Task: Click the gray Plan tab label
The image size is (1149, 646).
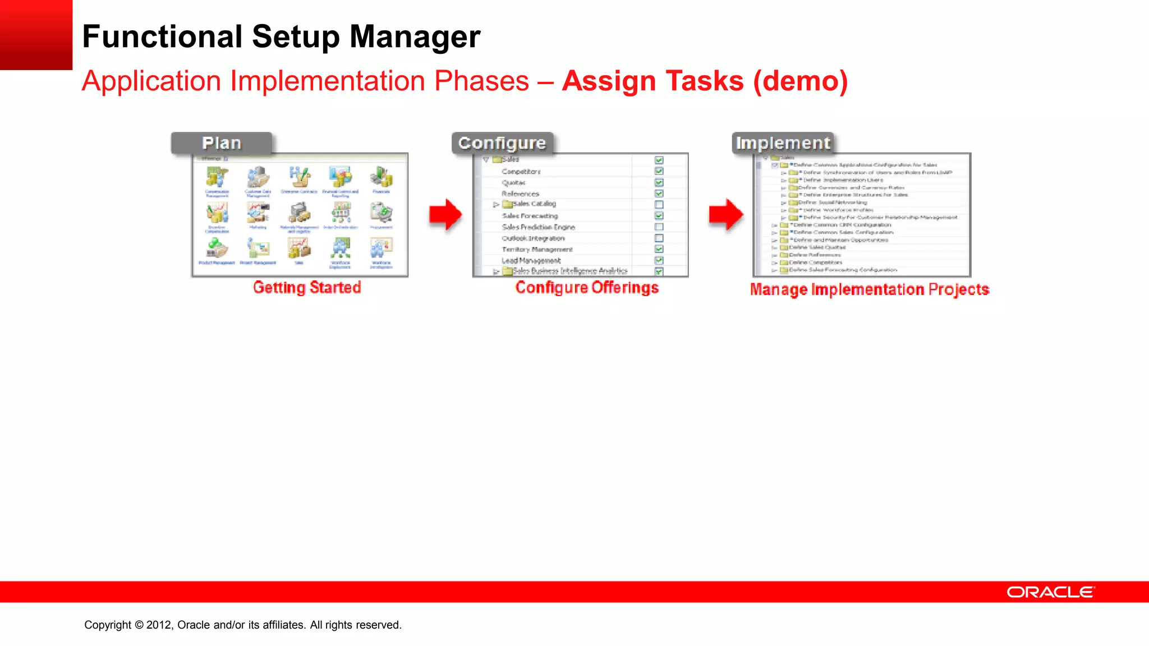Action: [x=222, y=144]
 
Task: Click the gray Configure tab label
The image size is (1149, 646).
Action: [x=502, y=144]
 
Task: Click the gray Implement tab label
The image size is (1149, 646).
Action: [x=783, y=144]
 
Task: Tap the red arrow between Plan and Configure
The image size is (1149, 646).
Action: [x=445, y=214]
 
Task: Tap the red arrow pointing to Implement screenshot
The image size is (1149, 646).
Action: [x=726, y=214]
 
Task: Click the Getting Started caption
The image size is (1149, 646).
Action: [x=307, y=288]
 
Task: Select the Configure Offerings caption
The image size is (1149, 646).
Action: [x=587, y=288]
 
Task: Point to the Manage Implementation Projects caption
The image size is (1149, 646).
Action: [x=870, y=289]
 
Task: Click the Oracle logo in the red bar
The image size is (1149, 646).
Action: [x=1050, y=592]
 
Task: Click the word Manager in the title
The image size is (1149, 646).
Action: [x=415, y=37]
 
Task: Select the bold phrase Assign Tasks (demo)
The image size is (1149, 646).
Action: [x=705, y=81]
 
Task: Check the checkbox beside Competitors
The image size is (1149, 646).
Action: [x=659, y=171]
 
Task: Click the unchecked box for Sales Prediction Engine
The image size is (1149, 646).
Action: [x=659, y=227]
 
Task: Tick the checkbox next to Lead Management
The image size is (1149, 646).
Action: [x=659, y=260]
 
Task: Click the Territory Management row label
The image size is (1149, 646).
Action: [x=537, y=250]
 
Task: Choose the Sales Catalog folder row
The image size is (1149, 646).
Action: [x=533, y=204]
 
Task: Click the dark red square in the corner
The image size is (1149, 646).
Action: [x=36, y=35]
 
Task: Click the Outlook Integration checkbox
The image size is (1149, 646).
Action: [x=659, y=238]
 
